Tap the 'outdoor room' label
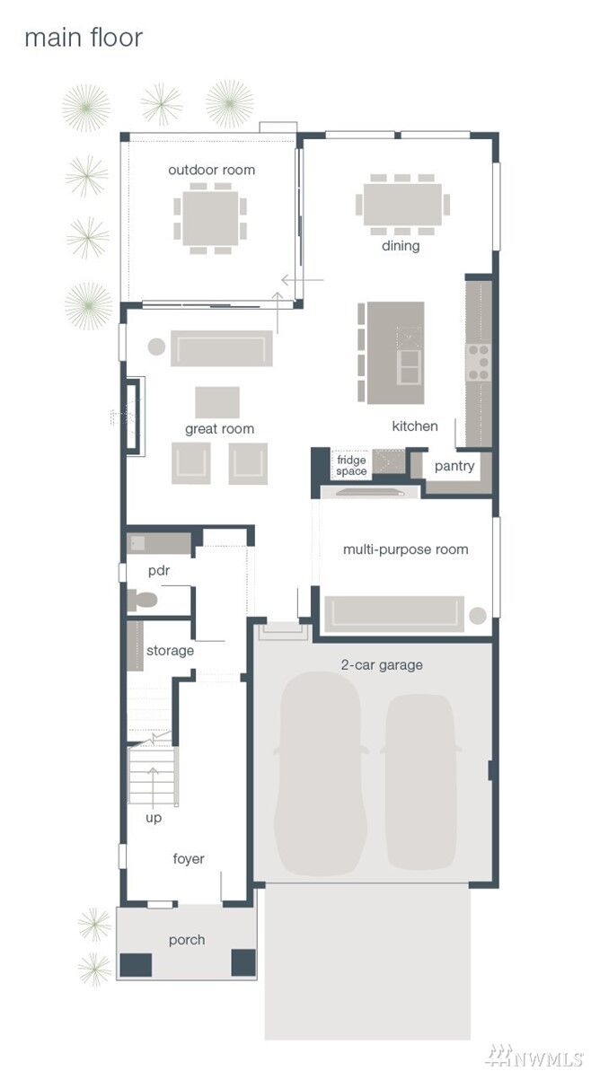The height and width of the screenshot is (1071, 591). point(211,170)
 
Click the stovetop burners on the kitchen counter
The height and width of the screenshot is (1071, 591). point(478,362)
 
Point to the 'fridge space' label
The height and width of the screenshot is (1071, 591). point(351,465)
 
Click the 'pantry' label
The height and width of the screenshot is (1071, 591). point(454,466)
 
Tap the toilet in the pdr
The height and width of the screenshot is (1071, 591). point(142,601)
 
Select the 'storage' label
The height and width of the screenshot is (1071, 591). point(170,651)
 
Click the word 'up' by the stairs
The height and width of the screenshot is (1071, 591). point(154,817)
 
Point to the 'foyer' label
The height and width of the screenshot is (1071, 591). point(188,858)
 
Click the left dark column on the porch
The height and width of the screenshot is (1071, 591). point(136,964)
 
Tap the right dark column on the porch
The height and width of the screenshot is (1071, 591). point(243,962)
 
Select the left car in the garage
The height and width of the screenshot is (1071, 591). point(321,773)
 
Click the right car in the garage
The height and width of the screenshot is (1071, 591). point(419,782)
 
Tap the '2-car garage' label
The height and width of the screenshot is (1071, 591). point(382,664)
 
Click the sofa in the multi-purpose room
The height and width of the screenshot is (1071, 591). point(394,614)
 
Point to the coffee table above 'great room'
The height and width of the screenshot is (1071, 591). point(217,402)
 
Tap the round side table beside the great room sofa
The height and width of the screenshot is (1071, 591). point(156,347)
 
